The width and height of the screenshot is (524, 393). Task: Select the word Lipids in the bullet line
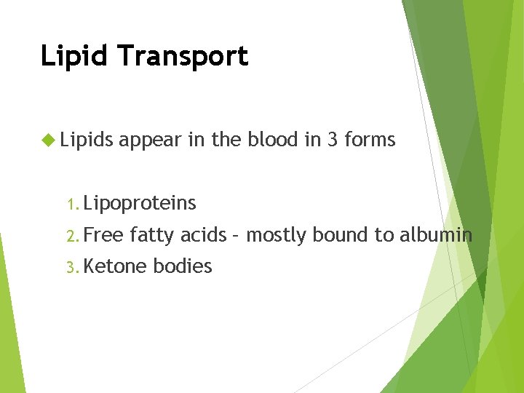pos(87,140)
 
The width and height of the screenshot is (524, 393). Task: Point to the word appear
pos(150,140)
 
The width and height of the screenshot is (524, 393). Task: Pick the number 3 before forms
pos(333,139)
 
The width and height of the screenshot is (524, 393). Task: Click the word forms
pos(370,139)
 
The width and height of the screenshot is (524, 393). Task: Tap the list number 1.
pos(70,205)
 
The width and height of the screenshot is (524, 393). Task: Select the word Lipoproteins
pos(140,204)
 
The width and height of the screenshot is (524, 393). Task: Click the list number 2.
pos(71,236)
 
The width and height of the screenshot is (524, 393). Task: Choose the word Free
pos(104,235)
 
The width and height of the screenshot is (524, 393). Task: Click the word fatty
pos(152,235)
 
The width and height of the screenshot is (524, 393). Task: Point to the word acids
pos(203,235)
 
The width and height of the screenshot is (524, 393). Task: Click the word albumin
pos(434,235)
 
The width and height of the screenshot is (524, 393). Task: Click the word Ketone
pos(116,266)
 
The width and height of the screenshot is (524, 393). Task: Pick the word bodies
pos(183,266)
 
